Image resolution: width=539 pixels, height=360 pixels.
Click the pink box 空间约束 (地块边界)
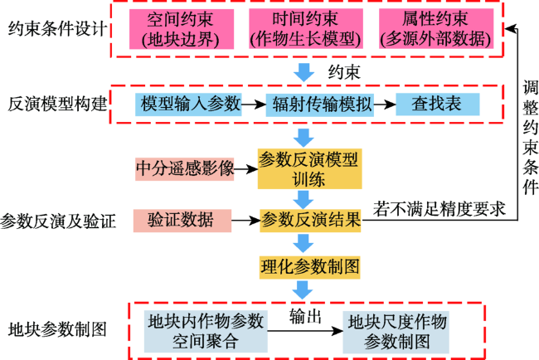click(182, 29)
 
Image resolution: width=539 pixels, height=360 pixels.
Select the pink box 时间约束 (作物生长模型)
click(306, 28)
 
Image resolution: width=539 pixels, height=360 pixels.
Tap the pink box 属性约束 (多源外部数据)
click(436, 28)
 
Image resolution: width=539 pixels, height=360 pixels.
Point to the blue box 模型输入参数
click(188, 105)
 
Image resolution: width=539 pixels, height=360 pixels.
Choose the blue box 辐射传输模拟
click(320, 105)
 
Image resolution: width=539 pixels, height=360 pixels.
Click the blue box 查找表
click(438, 105)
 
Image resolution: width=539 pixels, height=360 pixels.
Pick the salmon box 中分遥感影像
click(185, 169)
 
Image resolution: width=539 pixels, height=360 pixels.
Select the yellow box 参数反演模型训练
click(310, 169)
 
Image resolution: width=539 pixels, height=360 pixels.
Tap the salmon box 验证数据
click(182, 221)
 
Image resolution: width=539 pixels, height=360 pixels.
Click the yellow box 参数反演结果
click(310, 221)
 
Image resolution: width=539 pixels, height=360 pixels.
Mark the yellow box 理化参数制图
click(310, 267)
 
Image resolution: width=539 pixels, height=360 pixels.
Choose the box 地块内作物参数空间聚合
click(206, 332)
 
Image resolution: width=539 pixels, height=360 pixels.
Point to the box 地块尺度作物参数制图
click(396, 332)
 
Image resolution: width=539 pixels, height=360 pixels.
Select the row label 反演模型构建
click(57, 105)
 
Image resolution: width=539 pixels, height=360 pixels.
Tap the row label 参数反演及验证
click(58, 221)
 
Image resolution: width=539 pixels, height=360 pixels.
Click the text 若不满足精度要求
click(439, 209)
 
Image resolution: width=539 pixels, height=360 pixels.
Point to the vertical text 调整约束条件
click(530, 138)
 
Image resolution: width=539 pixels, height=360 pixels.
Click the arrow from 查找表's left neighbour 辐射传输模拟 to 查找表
click(385, 105)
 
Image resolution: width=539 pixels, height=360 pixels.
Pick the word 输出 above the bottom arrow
click(305, 316)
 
